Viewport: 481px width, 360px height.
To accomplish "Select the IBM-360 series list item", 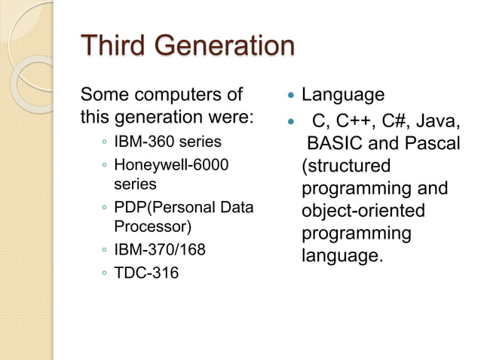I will pyautogui.click(x=167, y=142).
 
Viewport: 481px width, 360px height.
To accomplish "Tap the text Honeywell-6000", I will pyautogui.click(x=170, y=164).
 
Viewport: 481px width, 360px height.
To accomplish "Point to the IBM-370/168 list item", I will pyautogui.click(x=159, y=249).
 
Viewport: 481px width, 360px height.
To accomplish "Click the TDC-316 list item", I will pyautogui.click(x=146, y=273).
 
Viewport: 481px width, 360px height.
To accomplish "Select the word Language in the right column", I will pyautogui.click(x=343, y=95).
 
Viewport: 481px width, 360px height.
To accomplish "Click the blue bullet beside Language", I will pyautogui.click(x=290, y=96).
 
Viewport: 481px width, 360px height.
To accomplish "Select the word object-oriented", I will pyautogui.click(x=363, y=211).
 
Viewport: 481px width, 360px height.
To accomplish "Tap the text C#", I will pyautogui.click(x=388, y=118).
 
